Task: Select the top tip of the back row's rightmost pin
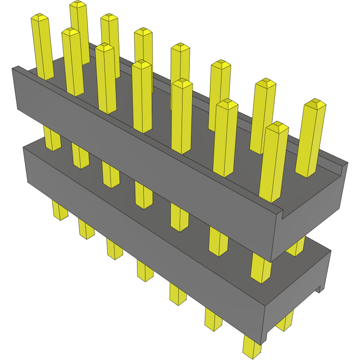pyautogui.click(x=315, y=103)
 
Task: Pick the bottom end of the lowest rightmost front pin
pyautogui.click(x=252, y=353)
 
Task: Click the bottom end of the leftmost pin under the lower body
pyautogui.click(x=60, y=217)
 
